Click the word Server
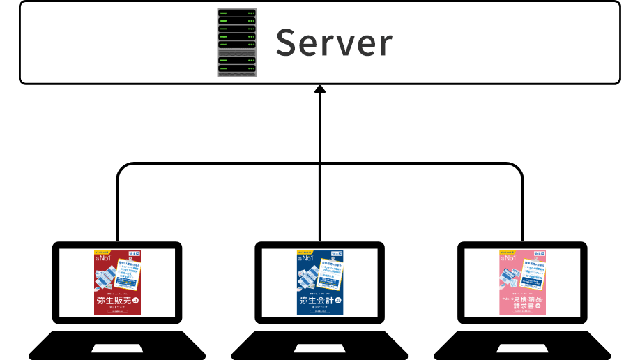click(x=334, y=43)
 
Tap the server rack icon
click(x=236, y=43)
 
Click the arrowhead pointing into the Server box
click(x=320, y=89)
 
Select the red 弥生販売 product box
click(x=118, y=283)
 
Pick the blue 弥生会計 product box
click(x=320, y=283)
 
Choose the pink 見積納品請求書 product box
click(x=522, y=283)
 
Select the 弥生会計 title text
click(x=315, y=301)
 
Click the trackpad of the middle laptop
click(x=319, y=347)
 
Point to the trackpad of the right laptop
click(x=522, y=347)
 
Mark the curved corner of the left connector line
click(x=121, y=167)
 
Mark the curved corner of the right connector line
click(x=519, y=167)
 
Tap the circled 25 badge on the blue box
click(x=338, y=301)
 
